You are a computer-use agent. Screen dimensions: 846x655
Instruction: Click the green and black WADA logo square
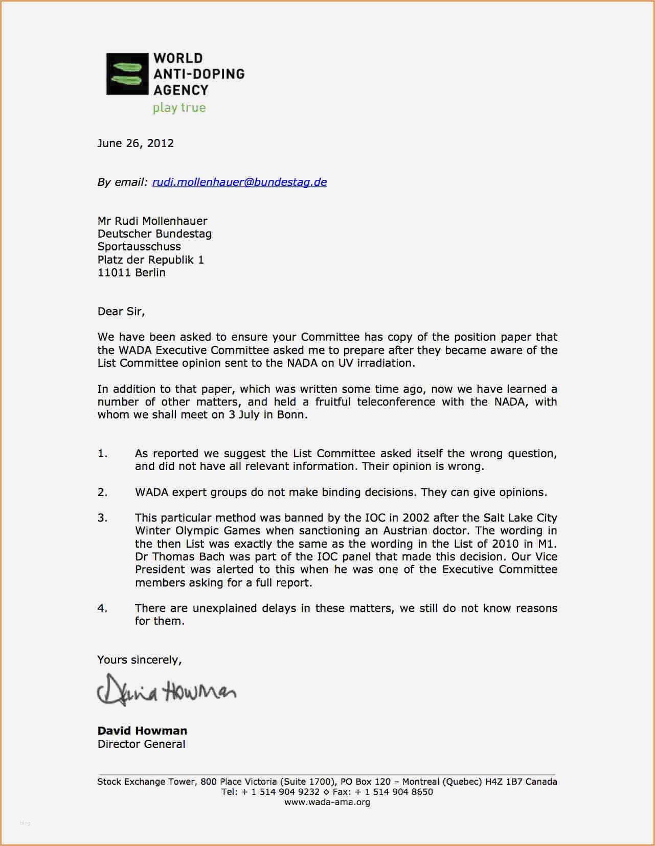(127, 74)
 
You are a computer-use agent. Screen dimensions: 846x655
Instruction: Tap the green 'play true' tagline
(179, 108)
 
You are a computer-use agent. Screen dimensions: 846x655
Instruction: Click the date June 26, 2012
(135, 143)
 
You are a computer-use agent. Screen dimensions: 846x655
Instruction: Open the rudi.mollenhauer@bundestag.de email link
(239, 182)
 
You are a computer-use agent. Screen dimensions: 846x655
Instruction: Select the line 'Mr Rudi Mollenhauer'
(152, 221)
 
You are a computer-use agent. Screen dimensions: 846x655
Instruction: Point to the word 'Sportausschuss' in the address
(139, 247)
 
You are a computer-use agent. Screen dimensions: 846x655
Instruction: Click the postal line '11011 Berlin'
(131, 273)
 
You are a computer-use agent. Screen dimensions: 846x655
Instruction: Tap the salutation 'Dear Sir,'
(121, 311)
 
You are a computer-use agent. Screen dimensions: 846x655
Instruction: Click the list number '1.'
(102, 454)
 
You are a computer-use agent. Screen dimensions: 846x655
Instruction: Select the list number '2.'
(102, 492)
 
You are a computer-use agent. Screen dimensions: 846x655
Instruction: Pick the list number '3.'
(102, 518)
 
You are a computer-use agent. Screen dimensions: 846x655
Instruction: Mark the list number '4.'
(102, 608)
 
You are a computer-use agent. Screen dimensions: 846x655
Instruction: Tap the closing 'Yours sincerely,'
(140, 660)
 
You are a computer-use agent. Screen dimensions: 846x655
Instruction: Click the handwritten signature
(166, 690)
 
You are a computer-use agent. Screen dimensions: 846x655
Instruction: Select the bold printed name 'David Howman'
(142, 731)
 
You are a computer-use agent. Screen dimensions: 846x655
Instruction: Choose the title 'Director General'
(141, 744)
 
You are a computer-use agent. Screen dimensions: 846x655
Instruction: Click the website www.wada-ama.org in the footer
(327, 802)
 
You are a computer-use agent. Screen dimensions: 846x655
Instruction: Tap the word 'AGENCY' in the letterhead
(181, 90)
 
